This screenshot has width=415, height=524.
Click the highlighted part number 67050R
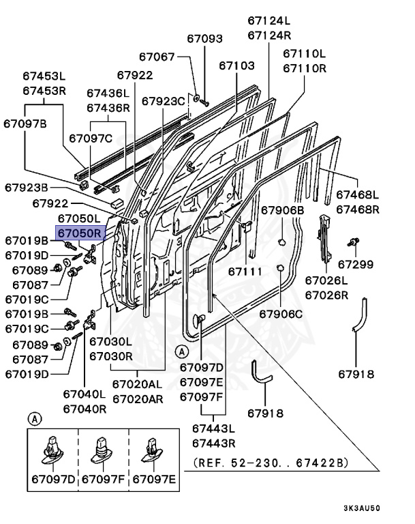(x=79, y=233)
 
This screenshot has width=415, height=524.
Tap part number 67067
(x=157, y=57)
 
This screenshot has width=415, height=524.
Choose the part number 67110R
(x=305, y=68)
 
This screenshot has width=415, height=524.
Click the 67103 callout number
(x=236, y=65)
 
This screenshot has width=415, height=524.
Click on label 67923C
(x=164, y=101)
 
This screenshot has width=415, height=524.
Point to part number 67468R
(x=358, y=209)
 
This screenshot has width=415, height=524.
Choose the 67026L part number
(x=326, y=280)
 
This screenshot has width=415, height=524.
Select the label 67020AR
(x=138, y=398)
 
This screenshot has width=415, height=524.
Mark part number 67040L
(x=84, y=394)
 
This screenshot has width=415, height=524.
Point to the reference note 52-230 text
(x=271, y=463)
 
